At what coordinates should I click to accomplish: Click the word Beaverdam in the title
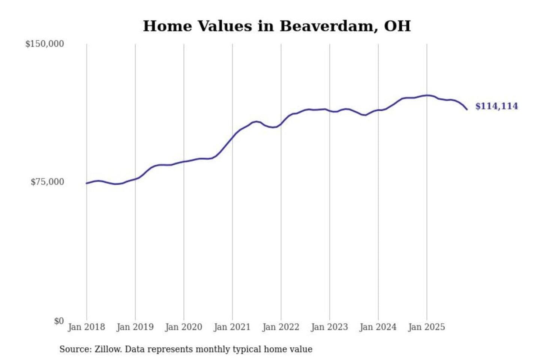[328, 26]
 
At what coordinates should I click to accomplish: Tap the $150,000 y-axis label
[45, 44]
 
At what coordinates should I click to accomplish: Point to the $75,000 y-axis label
[47, 182]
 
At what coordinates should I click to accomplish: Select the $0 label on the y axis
[59, 321]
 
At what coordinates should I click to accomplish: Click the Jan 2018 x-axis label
[86, 327]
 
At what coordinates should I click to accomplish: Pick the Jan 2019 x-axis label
[135, 327]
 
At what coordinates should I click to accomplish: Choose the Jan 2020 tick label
[183, 327]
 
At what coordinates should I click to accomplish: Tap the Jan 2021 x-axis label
[232, 327]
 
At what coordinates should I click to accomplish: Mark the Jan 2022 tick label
[280, 327]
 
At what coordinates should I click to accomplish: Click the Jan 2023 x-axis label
[329, 327]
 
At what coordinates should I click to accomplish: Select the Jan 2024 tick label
[378, 327]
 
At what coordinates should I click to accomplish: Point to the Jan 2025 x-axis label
[426, 327]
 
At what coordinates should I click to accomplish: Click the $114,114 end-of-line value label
[496, 106]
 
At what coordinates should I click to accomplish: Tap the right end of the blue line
[467, 109]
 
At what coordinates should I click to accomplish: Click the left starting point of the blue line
[87, 183]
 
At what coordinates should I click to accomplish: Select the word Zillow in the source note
[108, 349]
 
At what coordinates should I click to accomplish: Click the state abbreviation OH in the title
[397, 26]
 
